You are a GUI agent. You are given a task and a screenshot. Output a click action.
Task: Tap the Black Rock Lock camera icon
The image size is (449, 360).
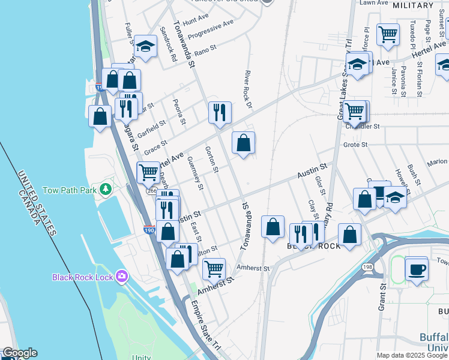pyautogui.click(x=122, y=276)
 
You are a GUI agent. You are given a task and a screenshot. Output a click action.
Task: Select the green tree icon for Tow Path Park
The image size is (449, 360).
pyautogui.click(x=106, y=190)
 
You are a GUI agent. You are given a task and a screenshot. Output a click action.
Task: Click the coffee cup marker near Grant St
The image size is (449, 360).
pyautogui.click(x=417, y=269)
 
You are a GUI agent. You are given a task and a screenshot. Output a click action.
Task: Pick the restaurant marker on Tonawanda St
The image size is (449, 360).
pyautogui.click(x=220, y=112)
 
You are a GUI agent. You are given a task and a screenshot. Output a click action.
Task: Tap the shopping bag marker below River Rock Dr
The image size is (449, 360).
pyautogui.click(x=243, y=143)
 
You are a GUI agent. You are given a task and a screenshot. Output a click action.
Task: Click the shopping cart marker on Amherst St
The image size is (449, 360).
pyautogui.click(x=214, y=269)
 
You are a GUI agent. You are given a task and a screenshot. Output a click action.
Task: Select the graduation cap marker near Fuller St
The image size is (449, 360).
pyautogui.click(x=145, y=46)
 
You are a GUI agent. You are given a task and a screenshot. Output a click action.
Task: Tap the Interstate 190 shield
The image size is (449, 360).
pyautogui.click(x=148, y=229)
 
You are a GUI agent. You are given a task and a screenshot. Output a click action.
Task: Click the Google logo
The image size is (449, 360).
pyautogui.click(x=20, y=353)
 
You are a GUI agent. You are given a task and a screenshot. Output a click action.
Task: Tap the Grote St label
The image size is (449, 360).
pyautogui.click(x=355, y=145)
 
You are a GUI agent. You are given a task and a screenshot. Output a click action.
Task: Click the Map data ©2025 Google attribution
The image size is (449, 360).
pyautogui.click(x=412, y=355)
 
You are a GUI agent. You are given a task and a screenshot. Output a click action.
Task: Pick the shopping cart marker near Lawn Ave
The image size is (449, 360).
pyautogui.click(x=388, y=34)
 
